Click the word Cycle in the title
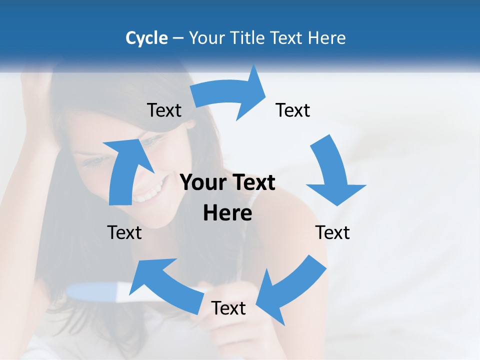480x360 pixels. [146, 38]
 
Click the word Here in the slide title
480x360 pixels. [325, 38]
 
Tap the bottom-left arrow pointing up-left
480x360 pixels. [165, 285]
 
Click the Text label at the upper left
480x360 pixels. [164, 110]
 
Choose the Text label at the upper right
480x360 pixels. [293, 110]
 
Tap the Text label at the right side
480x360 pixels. [332, 232]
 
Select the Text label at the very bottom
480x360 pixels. [228, 308]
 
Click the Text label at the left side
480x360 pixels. [124, 232]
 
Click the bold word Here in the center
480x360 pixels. [227, 213]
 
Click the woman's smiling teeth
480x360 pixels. [149, 192]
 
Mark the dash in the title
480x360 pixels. [178, 38]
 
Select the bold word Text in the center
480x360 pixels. [252, 183]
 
